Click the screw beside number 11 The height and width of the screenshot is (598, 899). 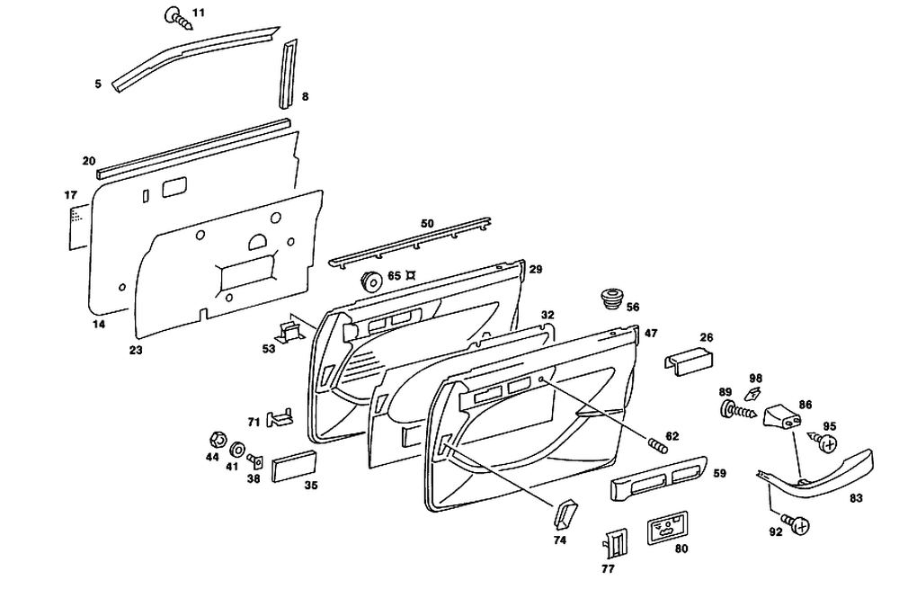(x=177, y=17)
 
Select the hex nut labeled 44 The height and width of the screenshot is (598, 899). (x=216, y=442)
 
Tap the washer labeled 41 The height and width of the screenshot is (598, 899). (x=238, y=448)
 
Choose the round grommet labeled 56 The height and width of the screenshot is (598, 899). (x=612, y=297)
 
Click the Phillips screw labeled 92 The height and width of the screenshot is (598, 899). (x=794, y=523)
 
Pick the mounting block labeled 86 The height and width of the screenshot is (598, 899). (x=780, y=417)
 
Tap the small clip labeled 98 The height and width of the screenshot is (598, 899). (x=753, y=392)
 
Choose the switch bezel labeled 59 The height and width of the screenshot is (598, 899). (x=657, y=485)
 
